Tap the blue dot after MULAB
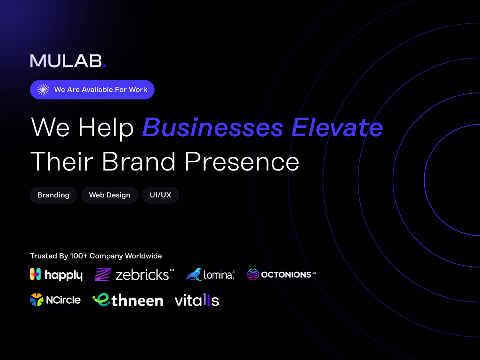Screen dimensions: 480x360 [x=104, y=65]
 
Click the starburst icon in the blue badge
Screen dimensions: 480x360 [x=43, y=90]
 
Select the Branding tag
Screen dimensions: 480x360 [x=53, y=195]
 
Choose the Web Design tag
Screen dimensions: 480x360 [x=109, y=195]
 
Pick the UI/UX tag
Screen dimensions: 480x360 [x=161, y=195]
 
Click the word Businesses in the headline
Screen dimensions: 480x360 [x=213, y=127]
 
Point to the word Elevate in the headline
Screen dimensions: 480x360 [x=337, y=127]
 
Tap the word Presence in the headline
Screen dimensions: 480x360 [x=242, y=162]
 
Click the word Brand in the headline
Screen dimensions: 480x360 [x=139, y=162]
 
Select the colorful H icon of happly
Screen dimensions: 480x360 [x=36, y=274]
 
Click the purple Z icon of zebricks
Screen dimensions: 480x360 [x=103, y=274]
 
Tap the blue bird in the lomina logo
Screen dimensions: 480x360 [x=194, y=274]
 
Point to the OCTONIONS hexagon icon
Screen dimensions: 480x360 [x=253, y=274]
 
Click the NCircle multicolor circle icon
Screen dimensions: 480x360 [x=37, y=300]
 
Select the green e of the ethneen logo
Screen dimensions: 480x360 [x=101, y=300]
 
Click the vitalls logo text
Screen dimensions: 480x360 [x=197, y=300]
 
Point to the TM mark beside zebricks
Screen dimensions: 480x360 [x=172, y=270]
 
